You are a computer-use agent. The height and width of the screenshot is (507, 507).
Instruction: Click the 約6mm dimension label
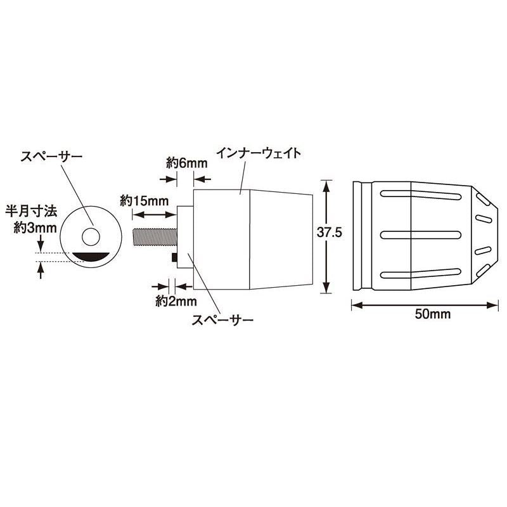186,164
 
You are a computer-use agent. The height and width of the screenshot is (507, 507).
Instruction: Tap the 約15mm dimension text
144,201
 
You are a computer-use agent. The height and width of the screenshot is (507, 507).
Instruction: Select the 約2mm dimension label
176,302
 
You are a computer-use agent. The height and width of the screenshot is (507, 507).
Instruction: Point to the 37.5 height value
329,233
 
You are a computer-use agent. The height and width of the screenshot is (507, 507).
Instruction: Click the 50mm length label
433,314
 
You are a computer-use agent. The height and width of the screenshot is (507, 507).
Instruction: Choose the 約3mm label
35,228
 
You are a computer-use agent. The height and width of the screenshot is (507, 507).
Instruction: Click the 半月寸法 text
31,212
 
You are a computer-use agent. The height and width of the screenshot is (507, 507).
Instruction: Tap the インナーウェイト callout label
259,153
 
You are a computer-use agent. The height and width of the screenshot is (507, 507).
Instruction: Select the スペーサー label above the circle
51,157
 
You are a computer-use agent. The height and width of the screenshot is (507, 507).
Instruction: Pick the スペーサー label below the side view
222,320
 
